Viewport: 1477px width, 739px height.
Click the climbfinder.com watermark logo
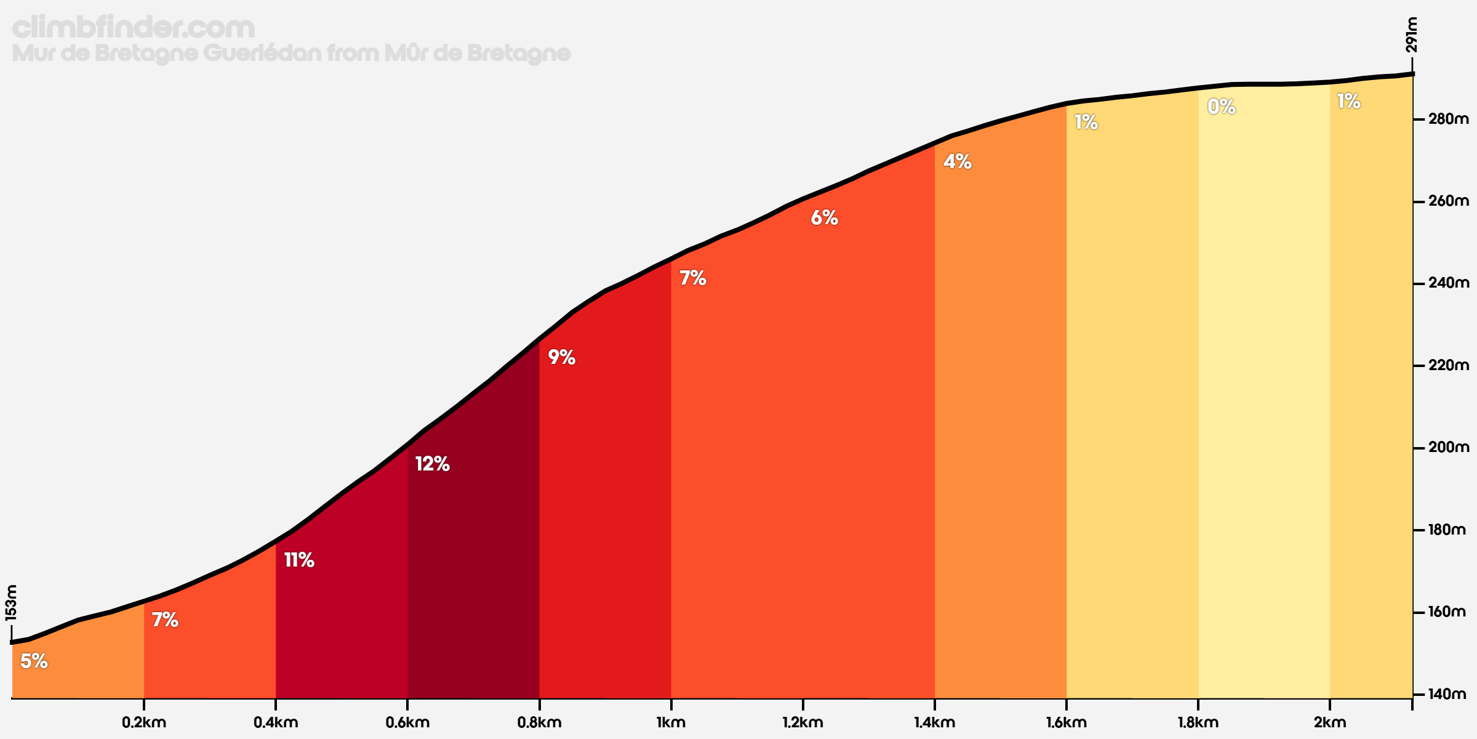pyautogui.click(x=133, y=28)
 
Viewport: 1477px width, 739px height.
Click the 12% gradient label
pyautogui.click(x=432, y=464)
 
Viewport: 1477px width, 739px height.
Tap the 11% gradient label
pyautogui.click(x=299, y=560)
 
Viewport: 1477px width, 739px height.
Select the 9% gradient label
pyautogui.click(x=561, y=357)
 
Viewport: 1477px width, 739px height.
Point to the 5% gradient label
pyautogui.click(x=34, y=661)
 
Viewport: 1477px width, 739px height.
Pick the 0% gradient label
pyautogui.click(x=1222, y=107)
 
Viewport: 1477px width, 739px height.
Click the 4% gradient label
pyautogui.click(x=958, y=161)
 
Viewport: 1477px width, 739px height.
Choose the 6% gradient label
pyautogui.click(x=824, y=217)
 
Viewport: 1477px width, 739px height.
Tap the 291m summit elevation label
pyautogui.click(x=1411, y=35)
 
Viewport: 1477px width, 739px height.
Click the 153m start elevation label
pyautogui.click(x=11, y=603)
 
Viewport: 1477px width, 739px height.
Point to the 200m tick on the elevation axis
pyautogui.click(x=1447, y=448)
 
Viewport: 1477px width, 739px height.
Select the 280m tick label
pyautogui.click(x=1447, y=119)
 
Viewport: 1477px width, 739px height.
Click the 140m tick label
pyautogui.click(x=1447, y=694)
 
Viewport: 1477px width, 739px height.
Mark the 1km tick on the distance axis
pyautogui.click(x=671, y=722)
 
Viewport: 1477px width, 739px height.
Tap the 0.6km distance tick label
pyautogui.click(x=407, y=722)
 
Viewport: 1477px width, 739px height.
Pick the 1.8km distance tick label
pyautogui.click(x=1198, y=722)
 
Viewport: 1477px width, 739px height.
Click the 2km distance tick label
pyautogui.click(x=1329, y=722)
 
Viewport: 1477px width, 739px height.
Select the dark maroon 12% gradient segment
pyautogui.click(x=473, y=585)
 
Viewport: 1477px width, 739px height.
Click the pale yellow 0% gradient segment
pyautogui.click(x=1263, y=400)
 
